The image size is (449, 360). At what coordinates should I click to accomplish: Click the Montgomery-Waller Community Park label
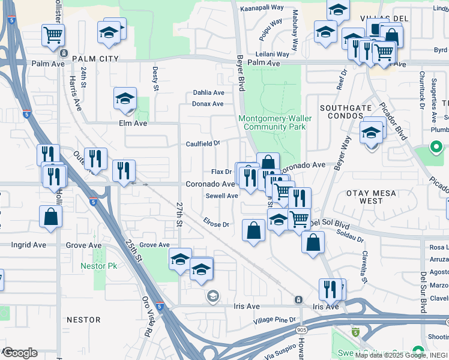275,122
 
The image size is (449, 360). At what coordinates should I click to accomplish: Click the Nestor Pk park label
99,266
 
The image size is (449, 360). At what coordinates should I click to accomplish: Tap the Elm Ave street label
133,123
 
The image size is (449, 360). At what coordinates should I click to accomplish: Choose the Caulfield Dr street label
203,144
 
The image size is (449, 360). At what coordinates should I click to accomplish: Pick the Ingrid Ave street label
28,245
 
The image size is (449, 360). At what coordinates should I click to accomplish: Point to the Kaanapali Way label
262,8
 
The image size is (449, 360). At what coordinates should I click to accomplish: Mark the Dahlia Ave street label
208,93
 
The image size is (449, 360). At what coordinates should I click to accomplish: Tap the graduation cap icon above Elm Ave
125,98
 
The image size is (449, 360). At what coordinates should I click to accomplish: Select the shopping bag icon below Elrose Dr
254,230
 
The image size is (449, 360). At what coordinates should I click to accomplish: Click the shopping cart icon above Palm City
53,35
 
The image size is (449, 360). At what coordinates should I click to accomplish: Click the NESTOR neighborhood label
79,320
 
